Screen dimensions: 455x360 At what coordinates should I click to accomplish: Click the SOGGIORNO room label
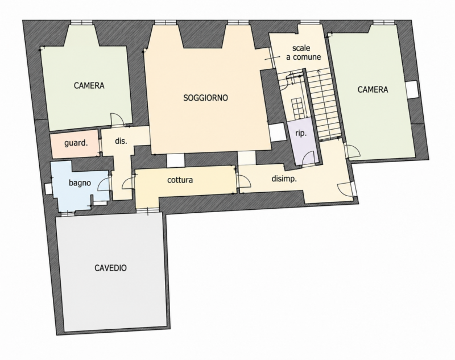205,98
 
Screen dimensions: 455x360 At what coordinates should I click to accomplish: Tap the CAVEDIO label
110,268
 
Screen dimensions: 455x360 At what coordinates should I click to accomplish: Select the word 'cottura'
180,180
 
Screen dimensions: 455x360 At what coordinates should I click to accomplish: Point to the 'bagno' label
80,183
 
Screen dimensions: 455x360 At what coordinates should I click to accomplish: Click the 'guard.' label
76,143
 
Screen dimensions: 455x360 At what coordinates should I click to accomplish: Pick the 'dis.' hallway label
121,141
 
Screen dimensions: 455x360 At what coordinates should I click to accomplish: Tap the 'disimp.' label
284,179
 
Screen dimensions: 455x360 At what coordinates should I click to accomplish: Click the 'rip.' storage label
301,134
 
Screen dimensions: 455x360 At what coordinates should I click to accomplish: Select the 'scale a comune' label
304,52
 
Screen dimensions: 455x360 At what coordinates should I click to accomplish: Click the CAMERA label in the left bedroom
89,85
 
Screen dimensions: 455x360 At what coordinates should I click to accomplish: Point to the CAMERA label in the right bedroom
373,89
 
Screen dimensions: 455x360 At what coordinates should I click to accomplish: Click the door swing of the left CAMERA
117,119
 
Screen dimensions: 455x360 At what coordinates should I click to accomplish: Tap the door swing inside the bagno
104,184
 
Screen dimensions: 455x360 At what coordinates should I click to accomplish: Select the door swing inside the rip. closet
308,158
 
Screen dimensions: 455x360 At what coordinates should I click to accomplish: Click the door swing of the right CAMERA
353,151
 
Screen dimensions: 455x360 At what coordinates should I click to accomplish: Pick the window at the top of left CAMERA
82,22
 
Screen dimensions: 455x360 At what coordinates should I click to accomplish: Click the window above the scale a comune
310,22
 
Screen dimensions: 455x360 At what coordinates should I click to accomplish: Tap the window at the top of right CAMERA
383,22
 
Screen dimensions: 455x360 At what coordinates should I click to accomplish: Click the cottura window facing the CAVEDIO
148,210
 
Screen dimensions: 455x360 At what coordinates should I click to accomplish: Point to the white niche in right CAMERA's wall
412,90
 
